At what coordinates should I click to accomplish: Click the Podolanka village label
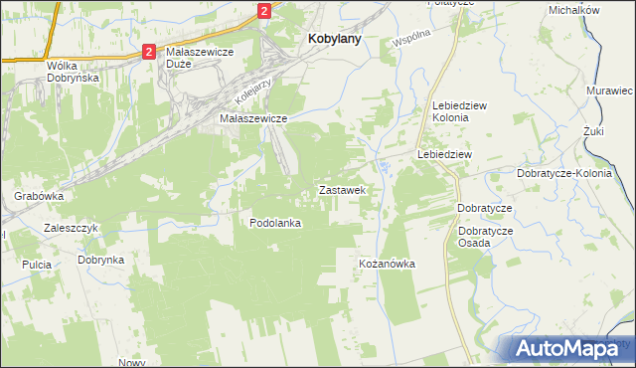pyautogui.click(x=275, y=223)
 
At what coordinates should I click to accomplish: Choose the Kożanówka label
pyautogui.click(x=387, y=264)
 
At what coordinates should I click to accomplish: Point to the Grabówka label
pyautogui.click(x=39, y=196)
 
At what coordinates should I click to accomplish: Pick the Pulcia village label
pyautogui.click(x=36, y=266)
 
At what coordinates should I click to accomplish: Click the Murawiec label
pyautogui.click(x=609, y=91)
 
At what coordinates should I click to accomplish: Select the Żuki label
pyautogui.click(x=594, y=131)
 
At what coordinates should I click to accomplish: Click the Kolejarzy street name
pyautogui.click(x=254, y=93)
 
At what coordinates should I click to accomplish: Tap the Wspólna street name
pyautogui.click(x=411, y=39)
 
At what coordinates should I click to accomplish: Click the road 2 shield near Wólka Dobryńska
pyautogui.click(x=148, y=51)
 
